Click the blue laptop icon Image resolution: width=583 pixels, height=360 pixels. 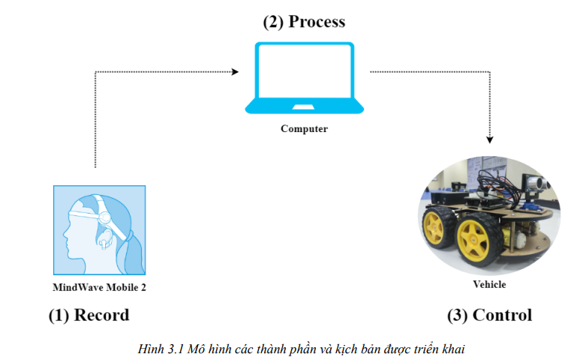(x=303, y=79)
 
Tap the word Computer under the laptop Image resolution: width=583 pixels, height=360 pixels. (x=304, y=129)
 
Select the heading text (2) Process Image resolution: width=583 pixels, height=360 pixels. (x=304, y=22)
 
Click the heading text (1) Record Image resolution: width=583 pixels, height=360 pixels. (x=89, y=315)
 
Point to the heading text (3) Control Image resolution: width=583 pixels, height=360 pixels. (x=489, y=315)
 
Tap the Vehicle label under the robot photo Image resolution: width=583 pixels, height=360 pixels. (x=489, y=284)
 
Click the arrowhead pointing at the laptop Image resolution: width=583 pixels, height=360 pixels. (x=235, y=72)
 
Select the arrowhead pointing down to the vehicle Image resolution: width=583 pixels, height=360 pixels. (x=491, y=139)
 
